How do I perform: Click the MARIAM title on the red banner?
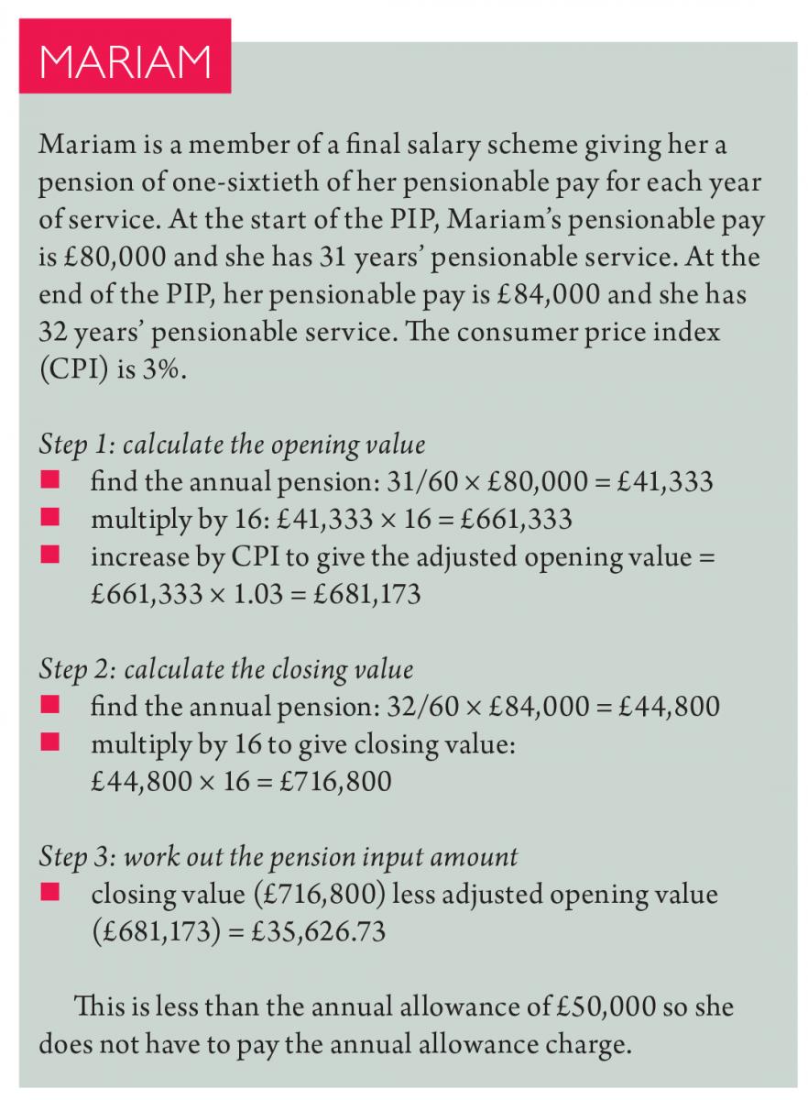pyautogui.click(x=125, y=60)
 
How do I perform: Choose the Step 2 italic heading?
pyautogui.click(x=226, y=669)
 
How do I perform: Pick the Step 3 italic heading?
pyautogui.click(x=278, y=856)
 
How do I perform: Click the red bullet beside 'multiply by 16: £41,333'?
pyautogui.click(x=49, y=519)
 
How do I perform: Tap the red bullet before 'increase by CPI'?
pyautogui.click(x=49, y=555)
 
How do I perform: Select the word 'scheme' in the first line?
pyautogui.click(x=508, y=145)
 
